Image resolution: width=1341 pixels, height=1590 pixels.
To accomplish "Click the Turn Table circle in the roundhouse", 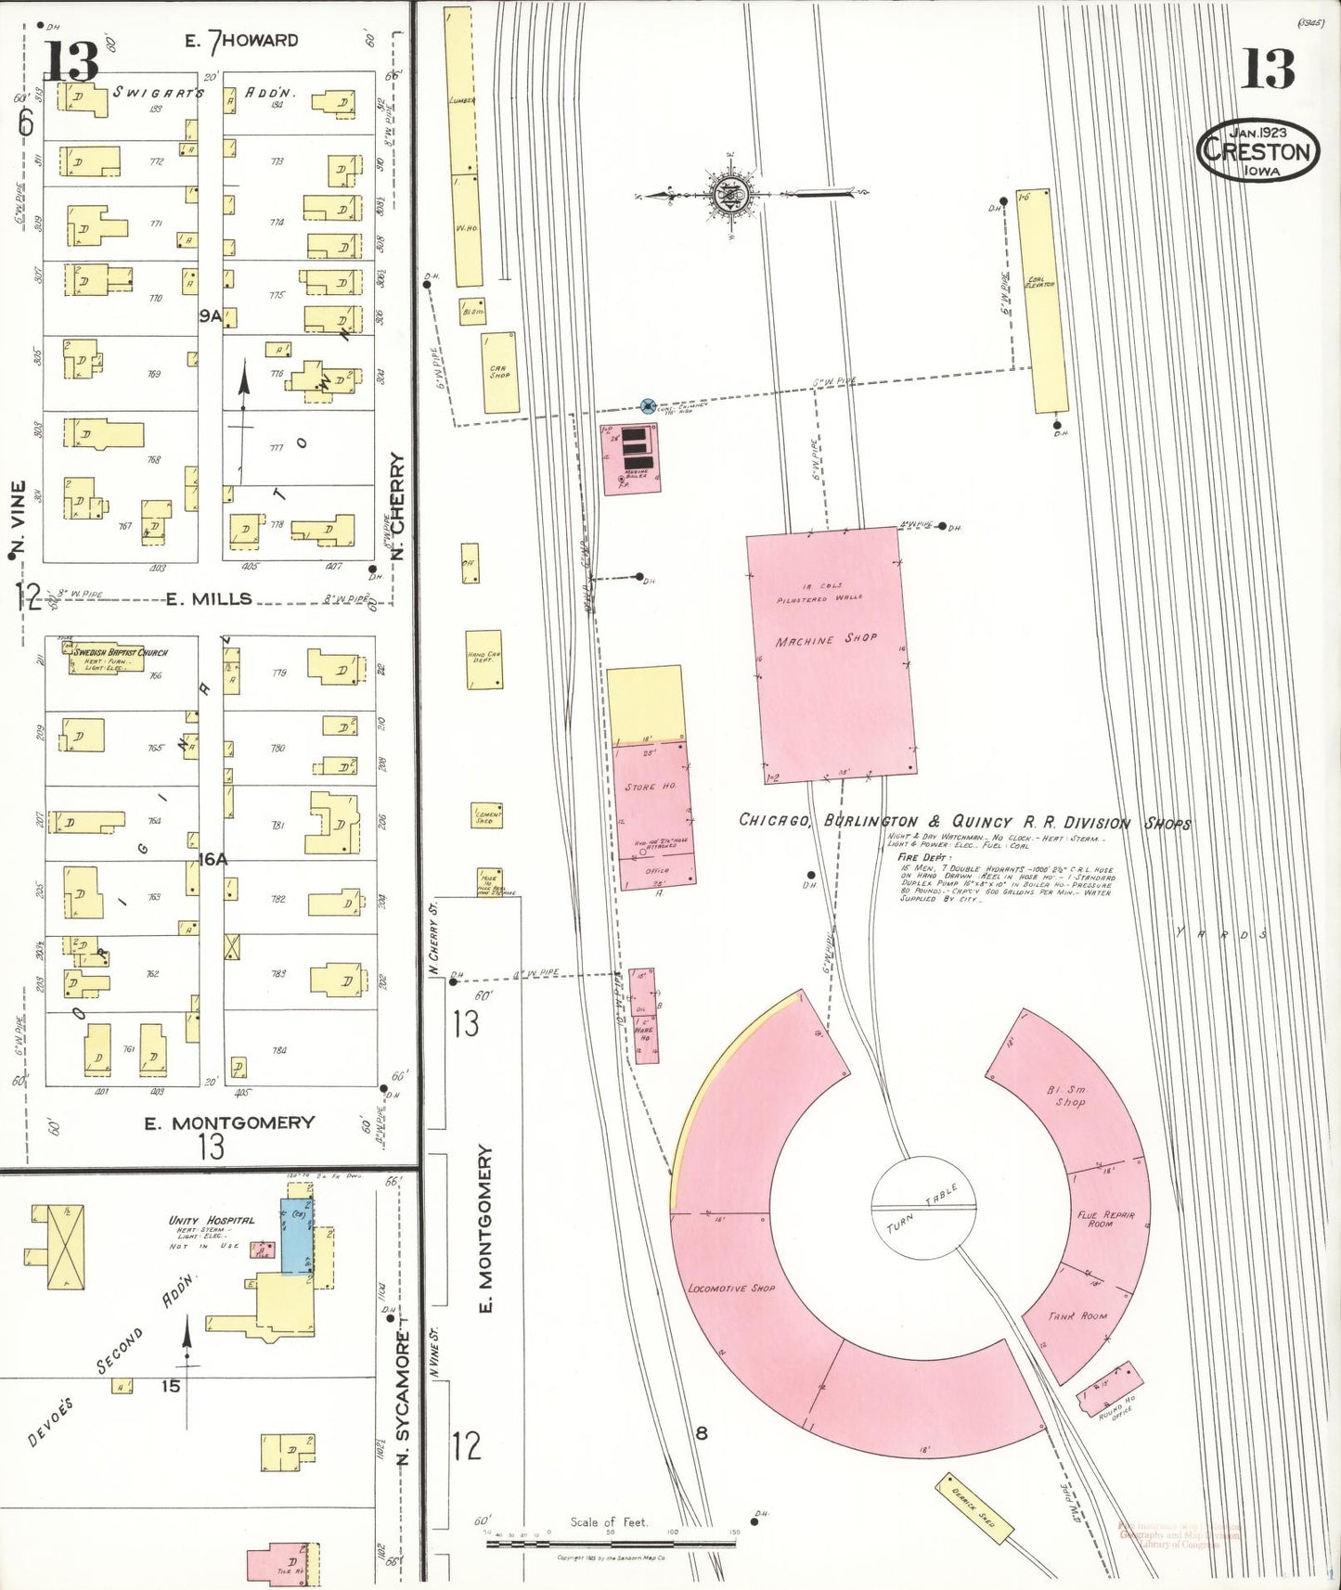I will [924, 1207].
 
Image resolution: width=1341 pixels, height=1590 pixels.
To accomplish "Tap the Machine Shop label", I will [826, 640].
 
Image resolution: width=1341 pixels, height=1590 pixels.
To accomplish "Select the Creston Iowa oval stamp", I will [1258, 150].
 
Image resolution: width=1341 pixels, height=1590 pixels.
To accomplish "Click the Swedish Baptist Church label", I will [120, 652].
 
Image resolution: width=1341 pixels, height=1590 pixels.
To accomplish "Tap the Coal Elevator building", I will [1041, 301].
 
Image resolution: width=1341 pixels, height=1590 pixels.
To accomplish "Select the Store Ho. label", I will [650, 787].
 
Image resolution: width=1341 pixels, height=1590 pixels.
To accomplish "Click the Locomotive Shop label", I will [731, 1289].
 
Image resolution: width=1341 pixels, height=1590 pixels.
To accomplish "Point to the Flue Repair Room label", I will [1106, 1219].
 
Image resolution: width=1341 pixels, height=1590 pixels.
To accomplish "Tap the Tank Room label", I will [1077, 1315].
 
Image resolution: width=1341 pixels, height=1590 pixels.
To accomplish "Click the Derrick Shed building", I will [974, 1508].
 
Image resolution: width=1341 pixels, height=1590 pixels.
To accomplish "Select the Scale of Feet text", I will [608, 1521].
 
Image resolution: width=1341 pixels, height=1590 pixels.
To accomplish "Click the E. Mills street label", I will [209, 599].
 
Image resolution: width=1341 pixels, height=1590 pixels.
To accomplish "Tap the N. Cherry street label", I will [398, 506].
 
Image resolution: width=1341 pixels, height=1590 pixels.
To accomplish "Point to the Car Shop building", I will [499, 373].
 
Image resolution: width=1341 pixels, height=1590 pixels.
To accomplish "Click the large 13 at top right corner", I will [1268, 69].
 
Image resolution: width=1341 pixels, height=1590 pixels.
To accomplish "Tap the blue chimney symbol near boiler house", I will [648, 405].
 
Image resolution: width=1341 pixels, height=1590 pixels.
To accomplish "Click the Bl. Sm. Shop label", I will [1068, 1096].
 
